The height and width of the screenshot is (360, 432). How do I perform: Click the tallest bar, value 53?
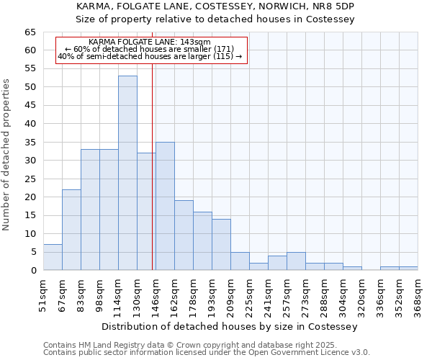click(127, 173)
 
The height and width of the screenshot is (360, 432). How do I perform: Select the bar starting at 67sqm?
click(71, 230)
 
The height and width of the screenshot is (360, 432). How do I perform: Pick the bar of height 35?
click(165, 206)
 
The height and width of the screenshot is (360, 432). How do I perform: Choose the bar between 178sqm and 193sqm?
click(202, 240)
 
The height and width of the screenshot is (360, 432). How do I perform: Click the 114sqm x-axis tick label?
click(118, 293)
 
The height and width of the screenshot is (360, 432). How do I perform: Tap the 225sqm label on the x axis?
click(249, 293)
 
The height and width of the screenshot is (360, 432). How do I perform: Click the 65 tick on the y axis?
click(30, 32)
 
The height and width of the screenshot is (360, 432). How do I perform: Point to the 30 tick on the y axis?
click(30, 161)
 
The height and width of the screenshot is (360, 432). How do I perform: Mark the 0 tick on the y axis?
click(33, 271)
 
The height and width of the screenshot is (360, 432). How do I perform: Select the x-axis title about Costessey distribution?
click(230, 326)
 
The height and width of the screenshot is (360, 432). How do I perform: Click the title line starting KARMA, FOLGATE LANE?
click(215, 6)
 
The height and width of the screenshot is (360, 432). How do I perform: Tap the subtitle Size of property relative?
click(215, 19)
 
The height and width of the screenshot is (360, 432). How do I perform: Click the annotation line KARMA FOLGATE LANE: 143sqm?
click(150, 42)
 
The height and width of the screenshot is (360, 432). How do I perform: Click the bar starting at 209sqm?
click(240, 261)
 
